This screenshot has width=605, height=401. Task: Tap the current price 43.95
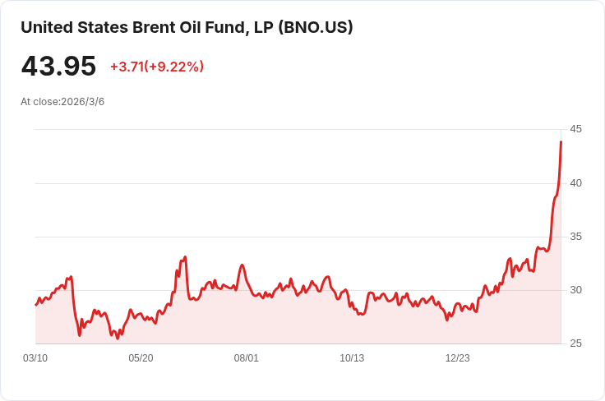(x=58, y=66)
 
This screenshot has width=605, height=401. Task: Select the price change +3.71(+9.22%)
(x=157, y=67)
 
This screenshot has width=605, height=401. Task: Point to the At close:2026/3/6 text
(x=62, y=102)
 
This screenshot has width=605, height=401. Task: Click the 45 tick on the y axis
(x=575, y=129)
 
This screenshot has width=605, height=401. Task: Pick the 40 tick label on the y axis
(x=575, y=183)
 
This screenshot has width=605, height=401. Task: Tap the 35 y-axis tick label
(x=575, y=237)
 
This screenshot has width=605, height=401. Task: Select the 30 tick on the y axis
(x=575, y=290)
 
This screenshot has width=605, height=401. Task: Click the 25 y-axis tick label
(x=575, y=343)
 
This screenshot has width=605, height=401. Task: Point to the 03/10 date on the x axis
(x=35, y=358)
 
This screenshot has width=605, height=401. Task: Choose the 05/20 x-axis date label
(x=141, y=358)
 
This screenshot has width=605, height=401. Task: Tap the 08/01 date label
(x=246, y=358)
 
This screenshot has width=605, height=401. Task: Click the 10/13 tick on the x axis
(x=352, y=358)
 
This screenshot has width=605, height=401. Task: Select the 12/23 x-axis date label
(x=458, y=358)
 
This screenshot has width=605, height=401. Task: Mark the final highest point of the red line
(x=561, y=141)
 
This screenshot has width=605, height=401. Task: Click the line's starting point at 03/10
(x=35, y=305)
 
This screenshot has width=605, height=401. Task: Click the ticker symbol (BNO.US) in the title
(x=315, y=28)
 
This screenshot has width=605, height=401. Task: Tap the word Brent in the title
(x=152, y=28)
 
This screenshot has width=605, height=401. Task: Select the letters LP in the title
(x=264, y=28)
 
